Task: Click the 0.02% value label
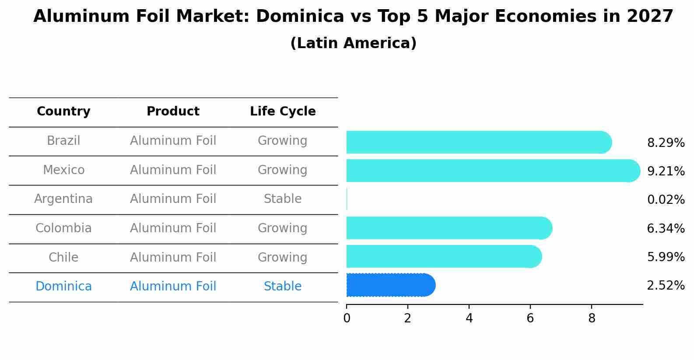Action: coord(666,200)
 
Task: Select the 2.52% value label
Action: coord(666,286)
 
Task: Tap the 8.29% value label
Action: coord(666,143)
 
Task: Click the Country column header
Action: coord(63,112)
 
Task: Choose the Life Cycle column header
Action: coord(283,112)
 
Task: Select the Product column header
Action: coord(173,112)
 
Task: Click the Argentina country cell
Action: coord(63,199)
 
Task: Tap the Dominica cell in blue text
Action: coord(63,287)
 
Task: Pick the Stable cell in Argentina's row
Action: coord(283,199)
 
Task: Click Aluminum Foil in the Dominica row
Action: coord(173,287)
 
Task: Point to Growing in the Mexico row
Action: coord(283,170)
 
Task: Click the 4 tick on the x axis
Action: coord(469,318)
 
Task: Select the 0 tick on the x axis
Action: coord(347,318)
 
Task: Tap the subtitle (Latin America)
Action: coord(353,43)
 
